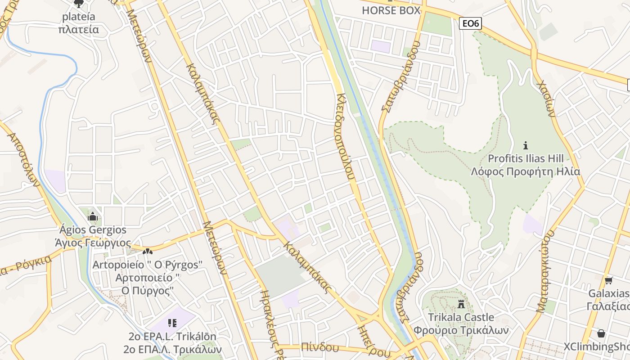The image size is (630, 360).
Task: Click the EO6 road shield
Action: pos(470,23)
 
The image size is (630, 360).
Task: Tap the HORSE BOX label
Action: pos(391,10)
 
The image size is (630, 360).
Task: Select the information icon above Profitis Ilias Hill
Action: pos(525,145)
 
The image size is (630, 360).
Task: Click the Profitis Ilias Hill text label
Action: pos(526,159)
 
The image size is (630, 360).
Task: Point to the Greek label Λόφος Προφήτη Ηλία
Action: pos(526,172)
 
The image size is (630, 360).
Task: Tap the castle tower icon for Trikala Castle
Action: pos(461,305)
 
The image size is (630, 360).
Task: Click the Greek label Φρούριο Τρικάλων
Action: pos(461,330)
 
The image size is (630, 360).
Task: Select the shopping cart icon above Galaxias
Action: pos(608,281)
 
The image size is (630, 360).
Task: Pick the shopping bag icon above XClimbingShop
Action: pos(601,333)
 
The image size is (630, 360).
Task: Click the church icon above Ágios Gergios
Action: pos(93,217)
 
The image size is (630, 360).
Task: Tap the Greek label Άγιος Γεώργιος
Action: pos(93,243)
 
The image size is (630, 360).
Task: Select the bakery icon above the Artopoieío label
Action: pos(147,252)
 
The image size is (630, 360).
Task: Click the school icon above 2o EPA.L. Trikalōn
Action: pos(172,323)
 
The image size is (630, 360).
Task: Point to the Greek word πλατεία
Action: pos(79,30)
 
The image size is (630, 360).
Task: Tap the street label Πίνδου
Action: pos(320,347)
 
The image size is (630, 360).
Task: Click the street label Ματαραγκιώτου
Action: pos(546,272)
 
